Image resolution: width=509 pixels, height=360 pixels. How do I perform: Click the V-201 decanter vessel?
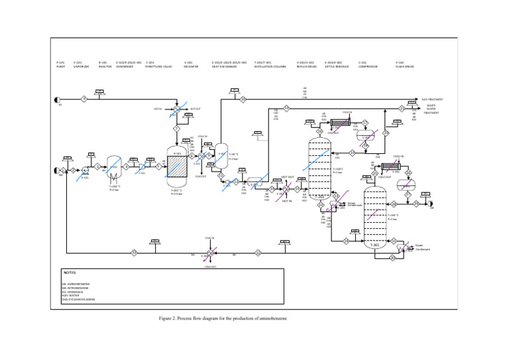click(221, 156)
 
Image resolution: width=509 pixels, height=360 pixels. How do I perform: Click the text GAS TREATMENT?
click(435, 99)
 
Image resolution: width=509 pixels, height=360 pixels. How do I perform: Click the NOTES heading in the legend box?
click(70, 273)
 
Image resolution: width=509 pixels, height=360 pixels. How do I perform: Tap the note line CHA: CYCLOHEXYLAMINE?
click(78, 300)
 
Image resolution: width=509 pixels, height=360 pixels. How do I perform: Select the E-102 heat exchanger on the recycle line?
click(209, 253)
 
